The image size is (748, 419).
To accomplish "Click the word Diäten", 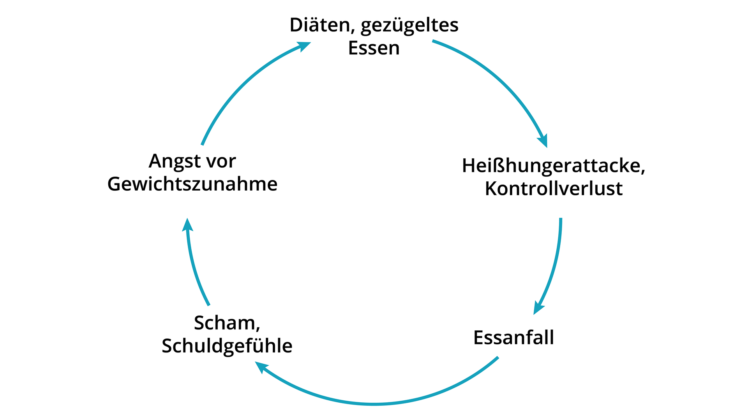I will (x=319, y=25).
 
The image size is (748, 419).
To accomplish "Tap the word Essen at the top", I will (x=374, y=48).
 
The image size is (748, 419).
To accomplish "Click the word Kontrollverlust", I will (x=553, y=189).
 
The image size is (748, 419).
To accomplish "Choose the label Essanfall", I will (x=513, y=337).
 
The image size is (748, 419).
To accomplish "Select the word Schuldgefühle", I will (x=227, y=346).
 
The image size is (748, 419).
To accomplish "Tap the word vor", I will (x=222, y=161).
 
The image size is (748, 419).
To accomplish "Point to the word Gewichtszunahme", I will (x=192, y=184).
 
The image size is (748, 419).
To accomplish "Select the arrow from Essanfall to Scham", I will (x=374, y=404).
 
